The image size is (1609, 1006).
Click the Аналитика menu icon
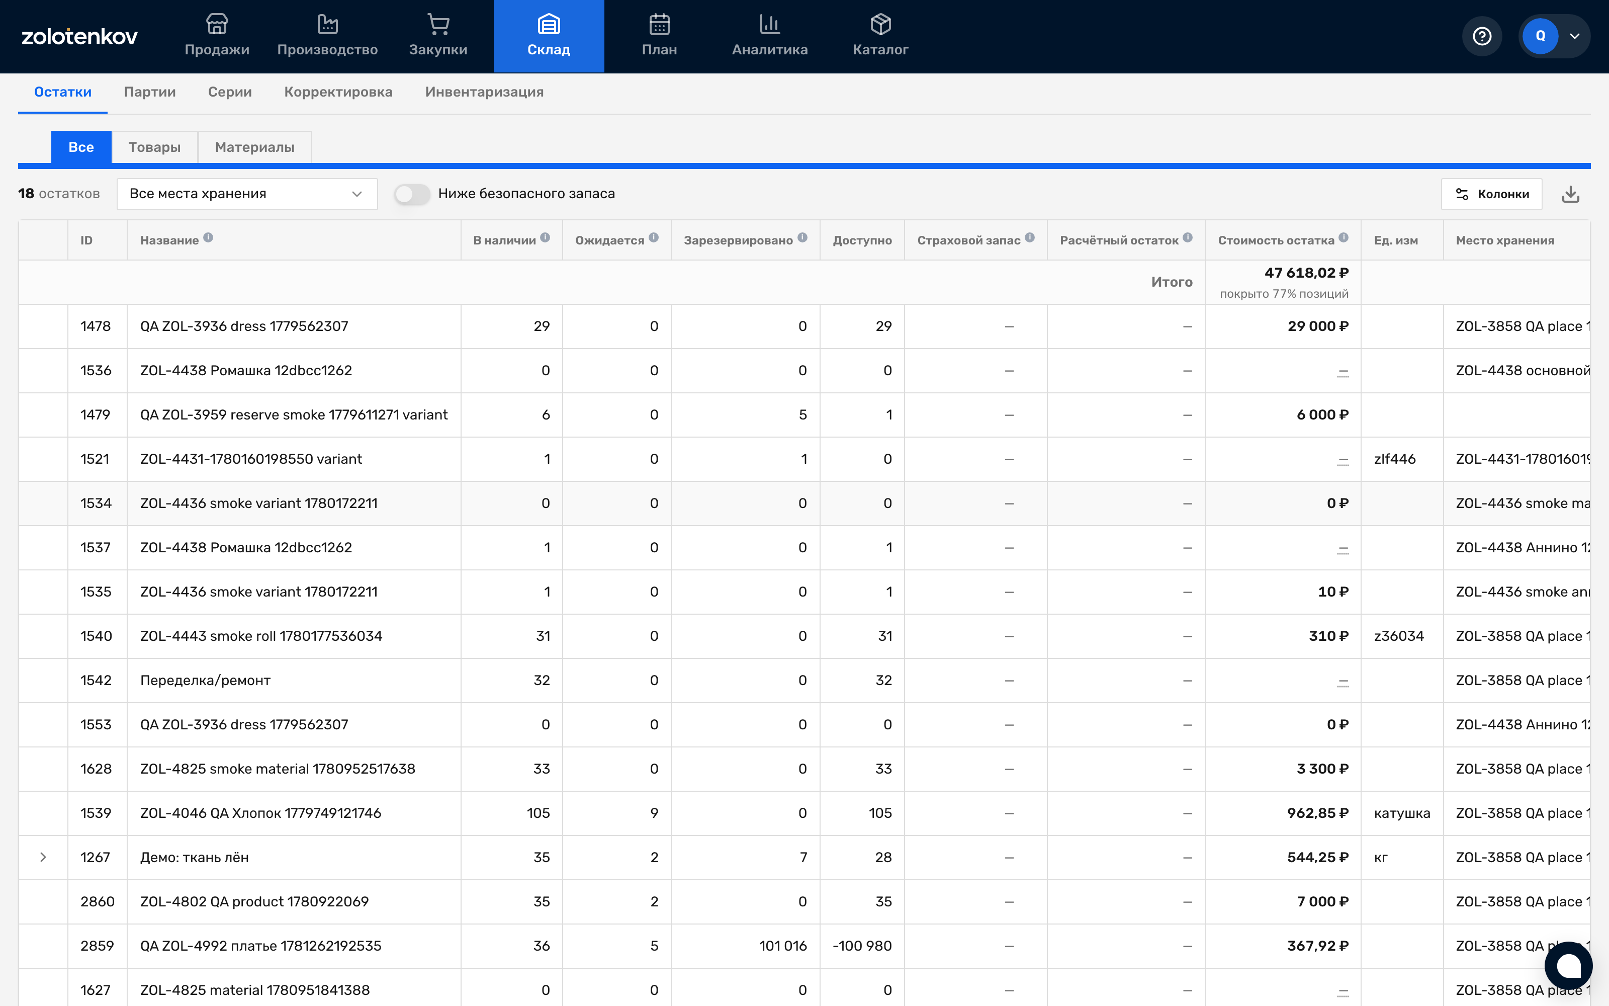point(770,25)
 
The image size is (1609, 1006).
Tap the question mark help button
point(1482,36)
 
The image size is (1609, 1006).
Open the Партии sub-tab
point(150,92)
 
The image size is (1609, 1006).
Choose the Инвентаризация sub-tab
point(484,92)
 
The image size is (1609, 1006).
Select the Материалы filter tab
point(254,147)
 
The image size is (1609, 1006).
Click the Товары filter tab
point(154,147)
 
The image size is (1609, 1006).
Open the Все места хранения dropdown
point(247,194)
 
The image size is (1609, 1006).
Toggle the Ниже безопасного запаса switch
point(412,194)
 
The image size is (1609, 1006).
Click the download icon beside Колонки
point(1570,194)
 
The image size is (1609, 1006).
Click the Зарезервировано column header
point(738,240)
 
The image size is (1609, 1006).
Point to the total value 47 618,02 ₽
point(1306,273)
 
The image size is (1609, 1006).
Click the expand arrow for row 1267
point(43,857)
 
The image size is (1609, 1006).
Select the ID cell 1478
point(95,326)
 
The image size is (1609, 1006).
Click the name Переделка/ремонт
point(206,680)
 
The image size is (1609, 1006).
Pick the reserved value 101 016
point(783,946)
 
